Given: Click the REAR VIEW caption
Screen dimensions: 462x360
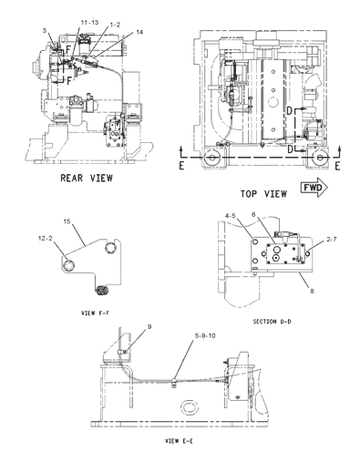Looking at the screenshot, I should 87,178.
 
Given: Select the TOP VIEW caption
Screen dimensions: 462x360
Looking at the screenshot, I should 263,194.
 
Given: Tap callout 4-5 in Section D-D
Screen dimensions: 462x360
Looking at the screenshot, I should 233,241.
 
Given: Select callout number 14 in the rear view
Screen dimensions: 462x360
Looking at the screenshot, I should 139,33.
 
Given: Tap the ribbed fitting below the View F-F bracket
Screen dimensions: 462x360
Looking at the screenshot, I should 102,292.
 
